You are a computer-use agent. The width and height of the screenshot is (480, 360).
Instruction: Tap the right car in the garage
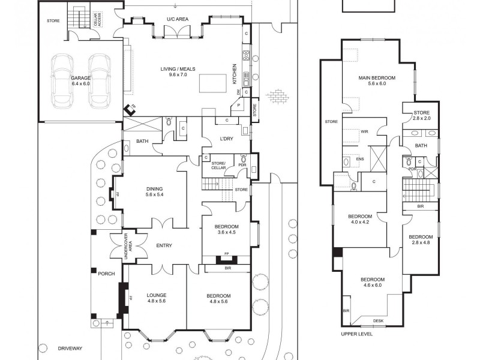tap(99, 80)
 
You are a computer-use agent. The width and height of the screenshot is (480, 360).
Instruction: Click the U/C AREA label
tap(178, 20)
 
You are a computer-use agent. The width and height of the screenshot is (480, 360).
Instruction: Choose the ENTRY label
tap(164, 245)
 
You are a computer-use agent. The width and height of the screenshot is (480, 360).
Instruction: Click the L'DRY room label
tap(226, 139)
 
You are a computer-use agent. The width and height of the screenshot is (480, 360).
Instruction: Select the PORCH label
tap(106, 274)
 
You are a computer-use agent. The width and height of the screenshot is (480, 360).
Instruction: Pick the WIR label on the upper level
tap(364, 131)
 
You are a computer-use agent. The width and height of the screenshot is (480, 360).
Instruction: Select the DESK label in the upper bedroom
tap(378, 321)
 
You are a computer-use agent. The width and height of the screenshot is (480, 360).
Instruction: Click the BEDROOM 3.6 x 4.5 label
tap(227, 230)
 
